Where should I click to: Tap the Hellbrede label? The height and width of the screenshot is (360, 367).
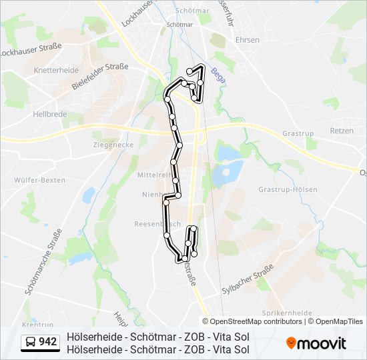(49, 114)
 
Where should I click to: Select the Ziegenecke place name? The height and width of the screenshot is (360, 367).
(113, 144)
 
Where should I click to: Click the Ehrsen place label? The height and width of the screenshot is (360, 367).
(248, 40)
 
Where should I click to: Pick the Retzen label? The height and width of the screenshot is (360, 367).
(342, 131)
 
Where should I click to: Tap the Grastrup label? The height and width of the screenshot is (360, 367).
(298, 133)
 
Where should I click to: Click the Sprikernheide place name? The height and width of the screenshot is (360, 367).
(288, 312)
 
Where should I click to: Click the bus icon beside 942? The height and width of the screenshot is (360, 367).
(31, 343)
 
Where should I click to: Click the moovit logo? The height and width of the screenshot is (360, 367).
(316, 343)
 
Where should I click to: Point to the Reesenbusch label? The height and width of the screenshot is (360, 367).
(153, 224)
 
